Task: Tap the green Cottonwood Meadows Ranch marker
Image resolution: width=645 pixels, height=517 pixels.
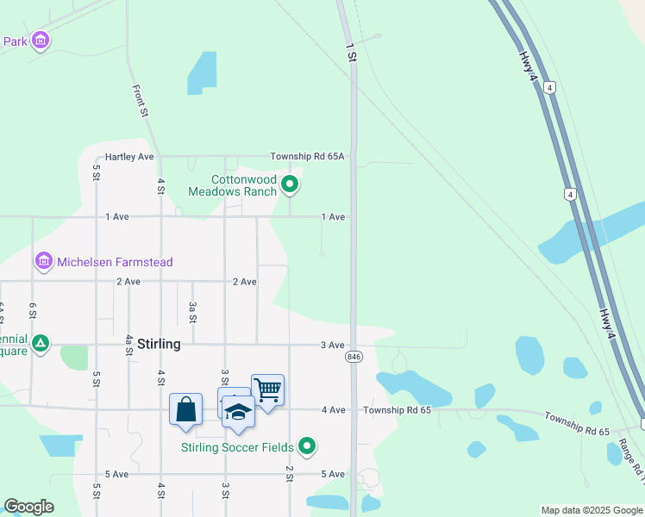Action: click(x=291, y=184)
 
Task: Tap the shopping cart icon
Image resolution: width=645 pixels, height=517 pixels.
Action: click(x=267, y=389)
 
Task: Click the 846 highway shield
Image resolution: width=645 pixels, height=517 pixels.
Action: click(x=354, y=357)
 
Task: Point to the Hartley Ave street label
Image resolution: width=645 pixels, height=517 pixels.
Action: click(x=129, y=157)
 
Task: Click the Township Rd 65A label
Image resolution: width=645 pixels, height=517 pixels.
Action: click(x=307, y=157)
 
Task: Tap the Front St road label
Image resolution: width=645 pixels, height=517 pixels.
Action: click(x=141, y=101)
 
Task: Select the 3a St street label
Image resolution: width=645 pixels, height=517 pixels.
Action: click(x=193, y=312)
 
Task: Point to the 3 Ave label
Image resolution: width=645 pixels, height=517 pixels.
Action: click(x=333, y=345)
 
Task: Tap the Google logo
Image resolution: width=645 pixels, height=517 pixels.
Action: click(x=28, y=508)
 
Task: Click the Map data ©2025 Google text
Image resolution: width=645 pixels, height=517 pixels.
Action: click(x=591, y=510)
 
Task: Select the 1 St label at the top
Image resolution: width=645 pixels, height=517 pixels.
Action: click(x=350, y=52)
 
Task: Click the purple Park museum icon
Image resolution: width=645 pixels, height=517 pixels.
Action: click(x=40, y=40)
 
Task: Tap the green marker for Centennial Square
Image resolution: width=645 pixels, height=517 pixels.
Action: click(x=40, y=344)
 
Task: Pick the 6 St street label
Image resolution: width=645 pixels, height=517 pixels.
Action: click(x=33, y=312)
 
